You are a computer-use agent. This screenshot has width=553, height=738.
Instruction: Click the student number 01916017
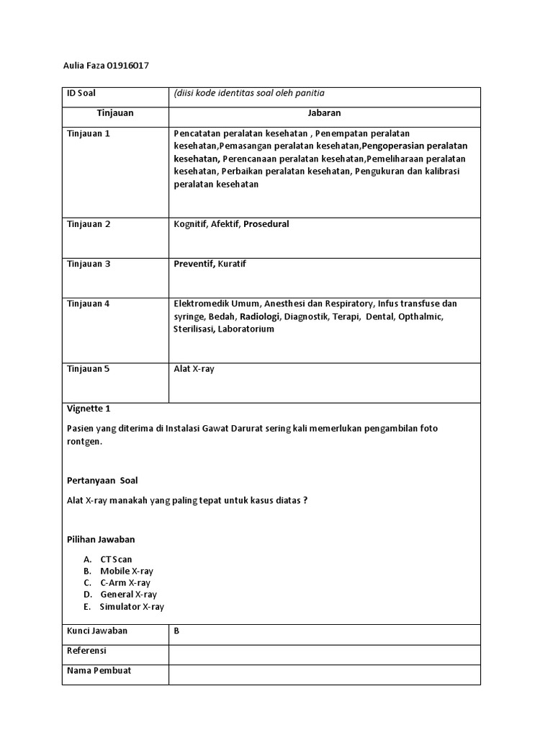pyautogui.click(x=127, y=66)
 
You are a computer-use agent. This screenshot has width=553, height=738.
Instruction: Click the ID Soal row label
pyautogui.click(x=81, y=93)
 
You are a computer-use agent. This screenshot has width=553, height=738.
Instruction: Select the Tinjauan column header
pyautogui.click(x=115, y=113)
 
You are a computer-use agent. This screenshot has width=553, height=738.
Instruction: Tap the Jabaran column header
pyautogui.click(x=324, y=113)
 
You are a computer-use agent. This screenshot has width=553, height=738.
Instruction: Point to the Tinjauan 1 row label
pyautogui.click(x=89, y=134)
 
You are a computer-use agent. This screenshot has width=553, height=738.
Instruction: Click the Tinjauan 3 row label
pyautogui.click(x=89, y=264)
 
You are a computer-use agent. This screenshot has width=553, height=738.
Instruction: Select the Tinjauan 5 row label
pyautogui.click(x=89, y=369)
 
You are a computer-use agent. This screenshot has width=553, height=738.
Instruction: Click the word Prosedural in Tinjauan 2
pyautogui.click(x=266, y=224)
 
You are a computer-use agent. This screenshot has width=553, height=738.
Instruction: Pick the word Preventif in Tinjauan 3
pyautogui.click(x=194, y=264)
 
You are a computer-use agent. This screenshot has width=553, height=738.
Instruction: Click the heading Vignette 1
pyautogui.click(x=89, y=408)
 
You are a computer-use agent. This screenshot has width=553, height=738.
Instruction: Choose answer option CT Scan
pyautogui.click(x=116, y=559)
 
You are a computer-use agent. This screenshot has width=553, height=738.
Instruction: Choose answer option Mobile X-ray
pyautogui.click(x=127, y=571)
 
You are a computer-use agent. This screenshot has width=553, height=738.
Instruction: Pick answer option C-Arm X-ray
pyautogui.click(x=125, y=582)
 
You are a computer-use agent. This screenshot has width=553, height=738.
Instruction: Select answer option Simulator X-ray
pyautogui.click(x=132, y=607)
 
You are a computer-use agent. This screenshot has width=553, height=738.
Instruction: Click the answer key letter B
pyautogui.click(x=176, y=631)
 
